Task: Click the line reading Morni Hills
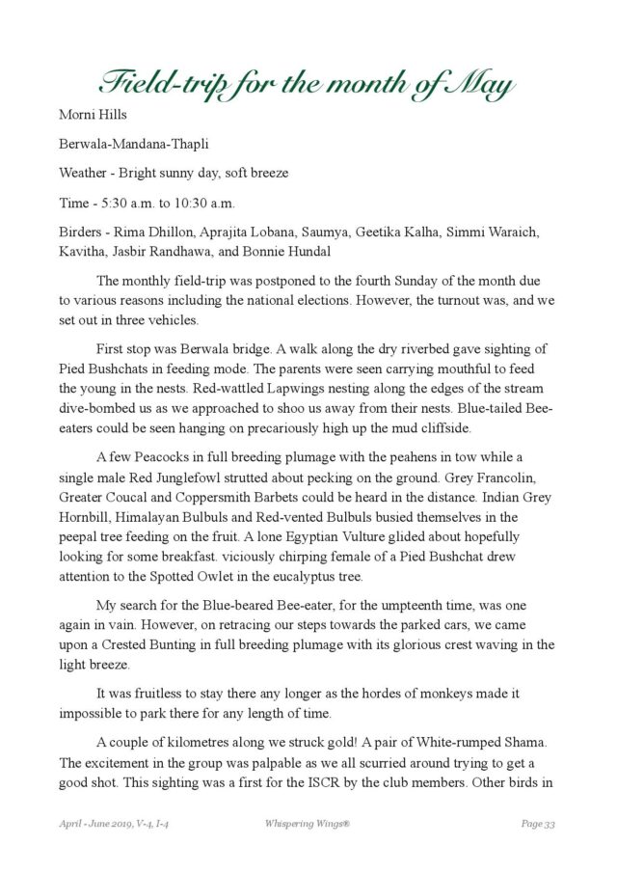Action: tap(93, 115)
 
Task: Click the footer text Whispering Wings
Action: tap(306, 823)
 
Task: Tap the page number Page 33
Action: tap(538, 823)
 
